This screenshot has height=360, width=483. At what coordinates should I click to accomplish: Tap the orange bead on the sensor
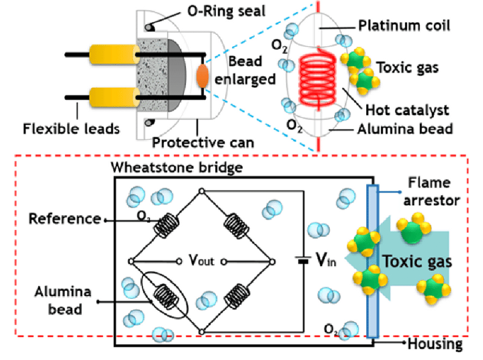tap(202, 75)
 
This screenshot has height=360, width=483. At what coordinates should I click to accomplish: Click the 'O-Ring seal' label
tap(226, 11)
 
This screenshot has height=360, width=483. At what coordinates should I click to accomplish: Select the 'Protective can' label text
tap(203, 143)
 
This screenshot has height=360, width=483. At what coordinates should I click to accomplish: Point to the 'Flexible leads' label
tap(71, 129)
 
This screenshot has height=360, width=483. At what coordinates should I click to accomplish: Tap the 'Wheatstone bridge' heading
tap(177, 167)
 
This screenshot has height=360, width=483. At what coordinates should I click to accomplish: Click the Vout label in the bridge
tap(201, 260)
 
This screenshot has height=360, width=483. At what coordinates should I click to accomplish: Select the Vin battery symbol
tap(303, 260)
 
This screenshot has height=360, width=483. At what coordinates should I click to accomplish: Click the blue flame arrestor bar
tap(372, 260)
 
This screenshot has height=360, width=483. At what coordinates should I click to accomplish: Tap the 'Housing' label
tap(435, 344)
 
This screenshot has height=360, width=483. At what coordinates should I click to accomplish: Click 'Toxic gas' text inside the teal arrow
tap(417, 261)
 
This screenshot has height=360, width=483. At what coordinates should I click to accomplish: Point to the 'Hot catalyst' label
tap(407, 110)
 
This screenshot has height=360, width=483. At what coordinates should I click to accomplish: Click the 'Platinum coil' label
tap(404, 26)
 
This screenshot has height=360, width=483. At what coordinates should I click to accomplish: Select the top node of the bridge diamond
tap(202, 192)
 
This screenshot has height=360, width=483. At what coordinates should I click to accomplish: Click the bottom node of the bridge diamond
tap(202, 332)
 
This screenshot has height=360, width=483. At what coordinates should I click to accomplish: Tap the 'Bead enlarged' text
tap(245, 70)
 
